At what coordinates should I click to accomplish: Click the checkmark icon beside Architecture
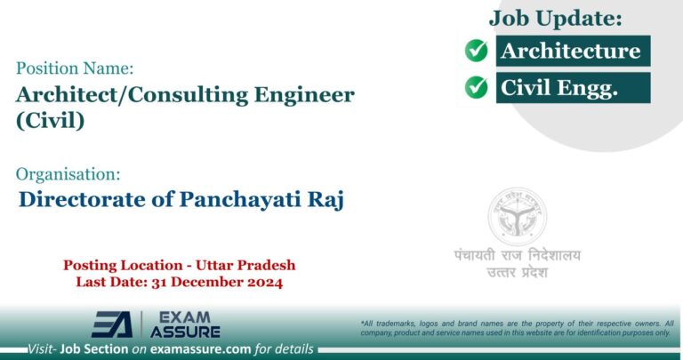[477, 51]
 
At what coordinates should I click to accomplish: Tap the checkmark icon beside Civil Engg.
[477, 87]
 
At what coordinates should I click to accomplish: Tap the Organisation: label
[68, 174]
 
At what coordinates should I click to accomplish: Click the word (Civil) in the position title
[51, 122]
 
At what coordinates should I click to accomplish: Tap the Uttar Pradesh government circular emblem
[517, 217]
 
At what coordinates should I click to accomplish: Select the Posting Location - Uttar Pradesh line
[179, 265]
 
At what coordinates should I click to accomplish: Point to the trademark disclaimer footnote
[516, 327]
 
